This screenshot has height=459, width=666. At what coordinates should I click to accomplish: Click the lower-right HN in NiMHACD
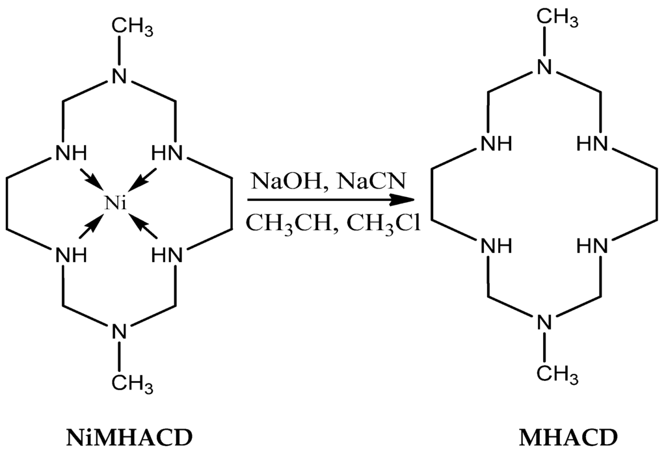tap(168, 254)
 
